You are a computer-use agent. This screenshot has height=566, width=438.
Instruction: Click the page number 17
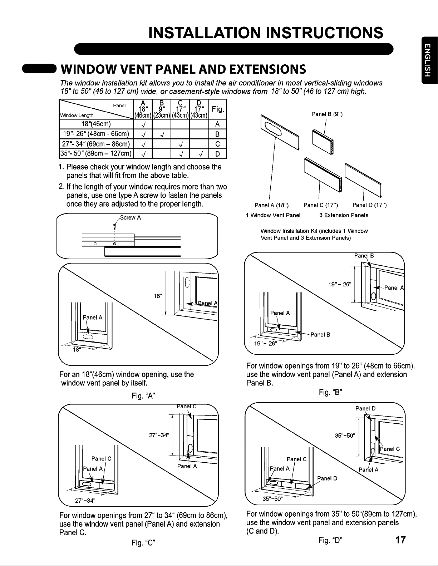point(400,540)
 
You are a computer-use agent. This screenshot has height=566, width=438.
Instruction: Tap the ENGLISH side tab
point(429,60)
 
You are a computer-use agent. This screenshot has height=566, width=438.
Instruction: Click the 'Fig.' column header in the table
point(217,109)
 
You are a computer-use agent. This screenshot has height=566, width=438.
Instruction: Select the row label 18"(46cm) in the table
point(96,124)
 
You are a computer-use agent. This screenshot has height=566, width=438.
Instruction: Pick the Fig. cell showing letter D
point(217,154)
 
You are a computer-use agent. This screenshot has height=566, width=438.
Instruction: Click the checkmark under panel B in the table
point(162,134)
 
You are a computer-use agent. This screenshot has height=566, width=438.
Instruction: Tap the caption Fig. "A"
point(143,396)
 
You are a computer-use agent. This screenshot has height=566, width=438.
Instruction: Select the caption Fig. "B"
point(330,392)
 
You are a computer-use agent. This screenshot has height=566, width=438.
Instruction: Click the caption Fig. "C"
point(143,543)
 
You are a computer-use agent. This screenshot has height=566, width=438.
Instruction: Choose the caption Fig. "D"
point(330,540)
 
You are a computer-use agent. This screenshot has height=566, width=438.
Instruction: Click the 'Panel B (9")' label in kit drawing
point(327,114)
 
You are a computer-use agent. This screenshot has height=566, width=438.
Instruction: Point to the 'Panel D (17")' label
point(369,205)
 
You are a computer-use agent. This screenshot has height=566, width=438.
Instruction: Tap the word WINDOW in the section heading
point(89,69)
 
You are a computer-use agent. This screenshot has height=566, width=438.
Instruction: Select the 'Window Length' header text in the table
point(77,115)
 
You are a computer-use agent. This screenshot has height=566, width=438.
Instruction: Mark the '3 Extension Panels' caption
point(344,215)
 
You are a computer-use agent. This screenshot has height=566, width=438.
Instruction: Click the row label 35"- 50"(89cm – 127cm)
point(96,154)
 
